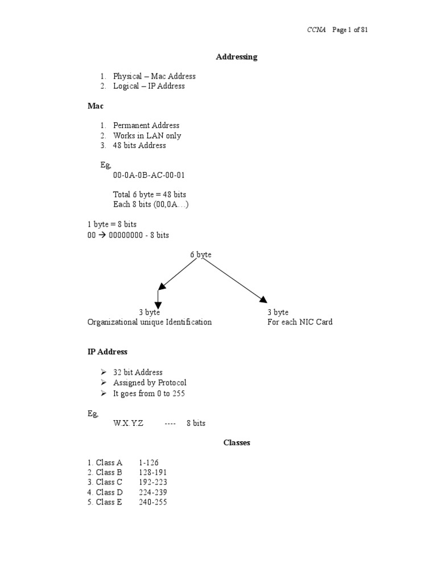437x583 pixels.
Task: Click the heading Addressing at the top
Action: tap(236, 57)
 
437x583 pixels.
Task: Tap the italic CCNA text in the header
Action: tap(316, 30)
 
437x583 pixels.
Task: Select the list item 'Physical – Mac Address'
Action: tap(154, 76)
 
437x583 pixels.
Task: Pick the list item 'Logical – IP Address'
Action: tap(149, 86)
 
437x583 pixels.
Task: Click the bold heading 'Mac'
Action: tap(96, 106)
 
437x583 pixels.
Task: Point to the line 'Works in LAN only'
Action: tap(147, 136)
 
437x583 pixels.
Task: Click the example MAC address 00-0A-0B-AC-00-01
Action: tap(149, 175)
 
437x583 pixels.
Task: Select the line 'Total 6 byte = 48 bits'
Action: tap(150, 195)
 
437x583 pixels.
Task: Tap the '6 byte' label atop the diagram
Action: tap(201, 254)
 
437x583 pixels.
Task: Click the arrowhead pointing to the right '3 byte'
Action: tap(262, 299)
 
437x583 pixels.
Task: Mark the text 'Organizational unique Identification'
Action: tap(150, 322)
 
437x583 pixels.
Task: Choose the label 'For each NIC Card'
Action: tap(300, 322)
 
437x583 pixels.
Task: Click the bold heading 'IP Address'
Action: tap(108, 352)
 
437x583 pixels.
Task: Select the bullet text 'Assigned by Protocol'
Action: tap(150, 383)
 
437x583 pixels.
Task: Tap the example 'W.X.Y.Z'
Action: tap(129, 424)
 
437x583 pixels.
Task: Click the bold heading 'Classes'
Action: tap(236, 442)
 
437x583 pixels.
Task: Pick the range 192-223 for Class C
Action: tap(152, 482)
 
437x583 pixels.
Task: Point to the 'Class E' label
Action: tap(109, 502)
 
